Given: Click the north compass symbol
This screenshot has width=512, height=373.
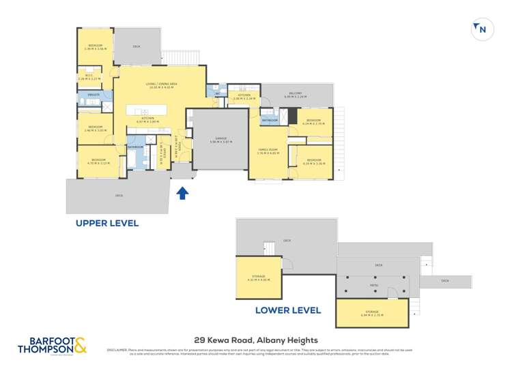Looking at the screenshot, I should click(482, 29).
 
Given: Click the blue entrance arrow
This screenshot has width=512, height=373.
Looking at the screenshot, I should click(182, 194).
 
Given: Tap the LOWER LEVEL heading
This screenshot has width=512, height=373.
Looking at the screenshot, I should click(287, 310).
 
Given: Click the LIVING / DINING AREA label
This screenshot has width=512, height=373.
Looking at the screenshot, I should click(162, 85).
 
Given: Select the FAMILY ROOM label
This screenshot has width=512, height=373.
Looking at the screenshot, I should click(268, 150).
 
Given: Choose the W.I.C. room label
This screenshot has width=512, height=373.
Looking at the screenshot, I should click(89, 76).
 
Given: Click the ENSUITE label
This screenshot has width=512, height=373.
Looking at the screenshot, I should click(94, 95).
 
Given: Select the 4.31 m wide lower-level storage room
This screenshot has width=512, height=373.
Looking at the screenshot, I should click(257, 278).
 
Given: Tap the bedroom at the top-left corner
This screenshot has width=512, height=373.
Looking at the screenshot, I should click(94, 46).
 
